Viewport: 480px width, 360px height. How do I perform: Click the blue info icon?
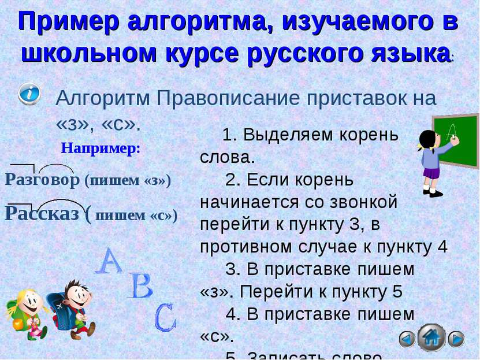(x=29, y=94)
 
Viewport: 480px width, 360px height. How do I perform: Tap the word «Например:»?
(x=101, y=148)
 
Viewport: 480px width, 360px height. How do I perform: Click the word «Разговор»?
(x=42, y=180)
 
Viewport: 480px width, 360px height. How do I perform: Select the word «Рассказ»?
(x=42, y=213)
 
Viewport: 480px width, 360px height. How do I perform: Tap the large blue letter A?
(x=109, y=261)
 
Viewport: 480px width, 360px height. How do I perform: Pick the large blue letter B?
(x=140, y=286)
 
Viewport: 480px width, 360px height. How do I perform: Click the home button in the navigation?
(x=431, y=337)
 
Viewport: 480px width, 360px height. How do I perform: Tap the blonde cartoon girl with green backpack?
(x=24, y=315)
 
